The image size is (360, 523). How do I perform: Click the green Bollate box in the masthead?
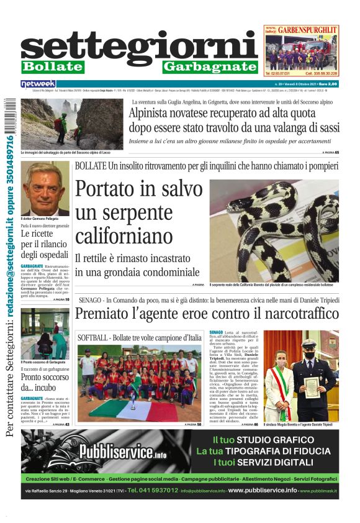[x=52, y=66]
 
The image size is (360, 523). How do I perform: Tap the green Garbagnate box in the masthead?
[x=210, y=66]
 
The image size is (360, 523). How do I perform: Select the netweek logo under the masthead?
[x=38, y=83]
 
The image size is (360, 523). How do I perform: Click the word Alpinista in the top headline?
[x=155, y=114]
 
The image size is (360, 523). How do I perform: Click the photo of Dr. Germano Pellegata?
[x=45, y=188]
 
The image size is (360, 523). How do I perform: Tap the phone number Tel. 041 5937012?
[x=152, y=491]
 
